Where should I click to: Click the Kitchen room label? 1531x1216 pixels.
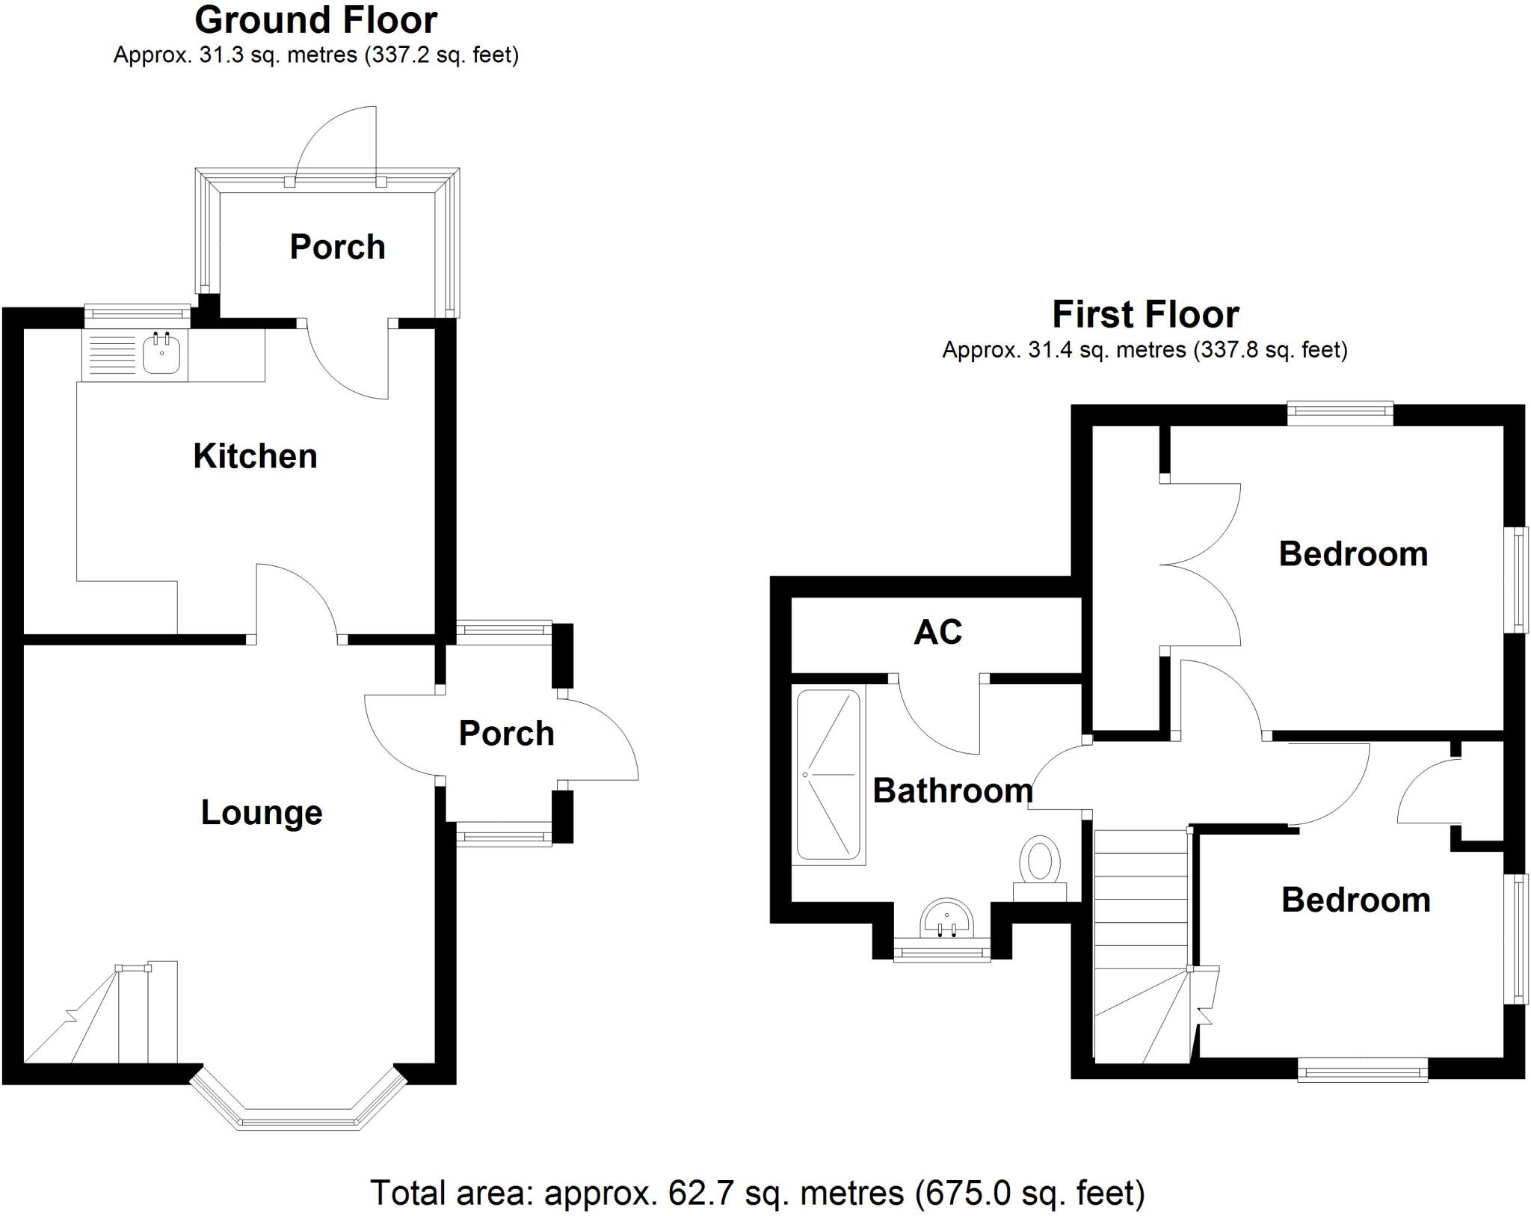pyautogui.click(x=255, y=456)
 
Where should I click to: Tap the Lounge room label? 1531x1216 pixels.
pyautogui.click(x=262, y=813)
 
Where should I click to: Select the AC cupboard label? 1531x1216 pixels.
pyautogui.click(x=937, y=633)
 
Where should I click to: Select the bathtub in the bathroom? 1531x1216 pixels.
pyautogui.click(x=828, y=775)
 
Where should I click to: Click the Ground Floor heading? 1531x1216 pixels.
pyautogui.click(x=315, y=20)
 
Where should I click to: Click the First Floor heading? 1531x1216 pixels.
pyautogui.click(x=1145, y=314)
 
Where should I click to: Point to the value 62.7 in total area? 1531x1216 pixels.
pyautogui.click(x=691, y=1192)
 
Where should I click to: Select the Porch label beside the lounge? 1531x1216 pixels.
pyautogui.click(x=506, y=734)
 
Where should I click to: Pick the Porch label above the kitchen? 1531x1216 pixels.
pyautogui.click(x=337, y=248)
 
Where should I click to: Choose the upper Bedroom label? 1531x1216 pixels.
pyautogui.click(x=1353, y=554)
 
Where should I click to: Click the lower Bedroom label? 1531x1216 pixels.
pyautogui.click(x=1355, y=900)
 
